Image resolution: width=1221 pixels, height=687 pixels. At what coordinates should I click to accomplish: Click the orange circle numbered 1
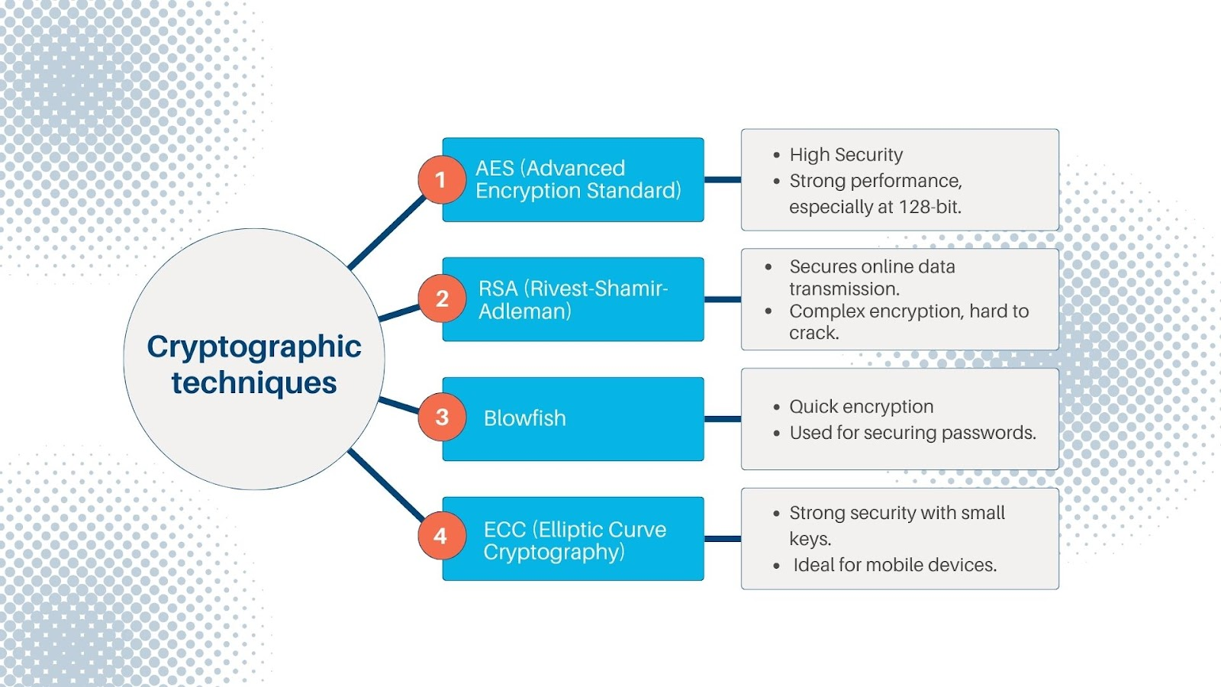pos(442,179)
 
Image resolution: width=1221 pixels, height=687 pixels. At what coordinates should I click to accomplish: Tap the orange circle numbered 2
pos(442,298)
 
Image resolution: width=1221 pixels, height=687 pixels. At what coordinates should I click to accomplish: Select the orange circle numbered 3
pos(442,417)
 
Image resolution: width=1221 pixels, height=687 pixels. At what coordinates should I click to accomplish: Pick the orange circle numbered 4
pos(442,536)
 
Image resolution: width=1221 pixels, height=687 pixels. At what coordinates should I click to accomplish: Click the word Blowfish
pos(524,418)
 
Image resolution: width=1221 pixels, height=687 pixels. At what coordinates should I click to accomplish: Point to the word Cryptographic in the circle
pos(254,347)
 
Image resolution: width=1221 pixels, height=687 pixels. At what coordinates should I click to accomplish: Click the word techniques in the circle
pos(254,382)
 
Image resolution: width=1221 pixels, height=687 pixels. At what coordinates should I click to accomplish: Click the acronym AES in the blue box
pos(495,169)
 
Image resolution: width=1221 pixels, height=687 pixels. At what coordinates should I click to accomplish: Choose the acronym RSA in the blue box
pos(498,289)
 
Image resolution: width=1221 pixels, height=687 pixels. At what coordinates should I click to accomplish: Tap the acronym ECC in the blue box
pos(504,530)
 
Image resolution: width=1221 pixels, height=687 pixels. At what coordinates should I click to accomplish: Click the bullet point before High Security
pos(777,156)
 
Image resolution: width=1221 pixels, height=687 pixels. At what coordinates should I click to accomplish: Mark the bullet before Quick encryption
pos(777,408)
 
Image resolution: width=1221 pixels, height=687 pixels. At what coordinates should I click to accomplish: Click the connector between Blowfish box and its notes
pos(723,419)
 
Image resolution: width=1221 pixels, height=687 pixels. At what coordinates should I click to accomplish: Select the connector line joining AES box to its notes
pos(723,179)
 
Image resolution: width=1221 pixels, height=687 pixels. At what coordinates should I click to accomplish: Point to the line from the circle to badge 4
pos(386,484)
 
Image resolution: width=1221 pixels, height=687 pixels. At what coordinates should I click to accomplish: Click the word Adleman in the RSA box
pos(524,311)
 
